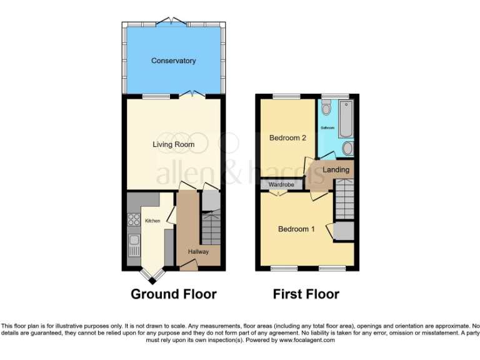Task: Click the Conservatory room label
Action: [x=173, y=61]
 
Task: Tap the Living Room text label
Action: [x=173, y=144]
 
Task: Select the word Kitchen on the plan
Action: [x=152, y=221]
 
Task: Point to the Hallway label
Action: [x=199, y=251]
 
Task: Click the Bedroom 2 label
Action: [x=287, y=137]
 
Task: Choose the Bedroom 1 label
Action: [x=296, y=229]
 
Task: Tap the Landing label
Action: [x=336, y=169]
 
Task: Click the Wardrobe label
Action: [x=281, y=185]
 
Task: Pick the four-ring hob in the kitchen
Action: [x=134, y=219]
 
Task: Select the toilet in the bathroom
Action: [x=326, y=108]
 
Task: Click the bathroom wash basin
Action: [x=348, y=147]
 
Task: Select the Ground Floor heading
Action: [x=173, y=294]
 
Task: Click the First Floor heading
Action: [x=306, y=294]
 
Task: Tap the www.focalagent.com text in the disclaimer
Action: [x=307, y=341]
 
